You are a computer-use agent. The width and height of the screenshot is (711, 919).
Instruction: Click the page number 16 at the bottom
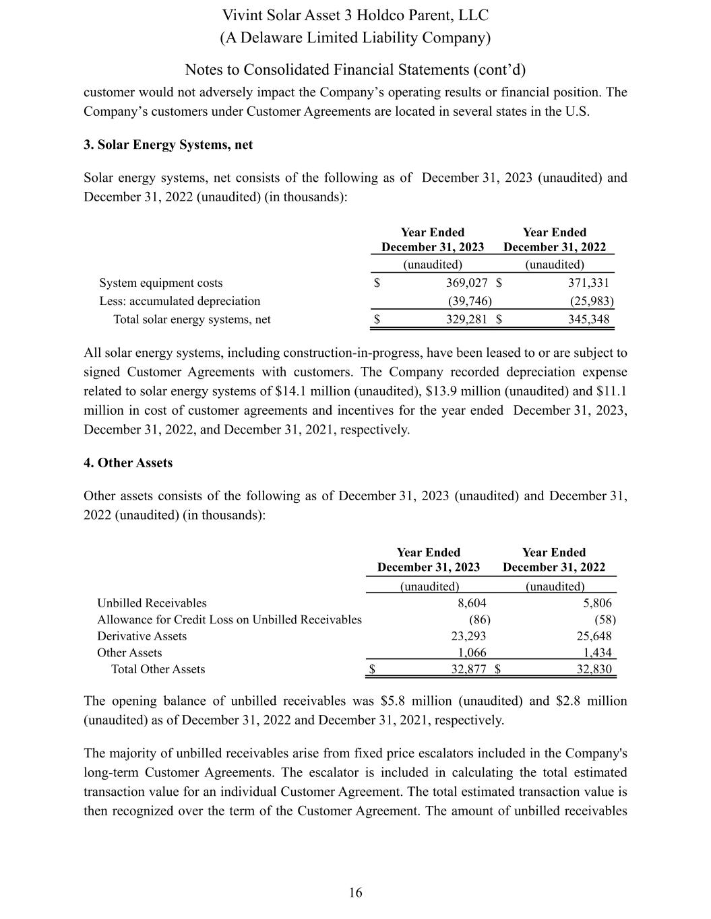coord(355,893)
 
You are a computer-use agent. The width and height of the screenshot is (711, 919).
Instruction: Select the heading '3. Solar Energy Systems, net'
coord(168,145)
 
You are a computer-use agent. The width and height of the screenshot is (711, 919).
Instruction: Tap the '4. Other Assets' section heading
coord(128,463)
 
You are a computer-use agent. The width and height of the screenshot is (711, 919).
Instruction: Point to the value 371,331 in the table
coord(588,283)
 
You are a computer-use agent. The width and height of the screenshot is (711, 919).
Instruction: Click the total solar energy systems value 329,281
coord(466,319)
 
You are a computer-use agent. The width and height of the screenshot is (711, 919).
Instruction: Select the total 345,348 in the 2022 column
coord(588,319)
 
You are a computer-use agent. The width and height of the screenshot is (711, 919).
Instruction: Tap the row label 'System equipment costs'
coord(161,283)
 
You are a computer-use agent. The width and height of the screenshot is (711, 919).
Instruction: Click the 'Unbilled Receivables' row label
coord(152,603)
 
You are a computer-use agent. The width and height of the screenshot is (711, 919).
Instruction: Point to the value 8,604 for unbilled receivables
coord(471,603)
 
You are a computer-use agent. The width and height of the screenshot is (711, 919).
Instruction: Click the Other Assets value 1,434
coord(597,652)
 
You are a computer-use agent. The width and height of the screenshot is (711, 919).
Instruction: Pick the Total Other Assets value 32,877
coord(468,669)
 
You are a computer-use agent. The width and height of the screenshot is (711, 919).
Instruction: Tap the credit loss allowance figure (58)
coord(605,619)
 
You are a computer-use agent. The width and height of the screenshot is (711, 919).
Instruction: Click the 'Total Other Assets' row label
coord(158,669)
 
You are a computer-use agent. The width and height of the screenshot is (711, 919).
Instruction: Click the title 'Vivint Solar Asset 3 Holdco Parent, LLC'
coord(355,15)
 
